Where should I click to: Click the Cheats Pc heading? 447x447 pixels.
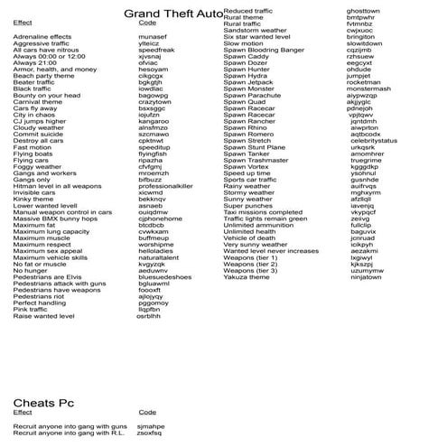click(x=44, y=403)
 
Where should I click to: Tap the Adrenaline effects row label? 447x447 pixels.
click(x=42, y=36)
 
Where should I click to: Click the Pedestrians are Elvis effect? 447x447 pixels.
click(x=48, y=277)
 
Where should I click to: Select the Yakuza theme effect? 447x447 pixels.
click(x=247, y=277)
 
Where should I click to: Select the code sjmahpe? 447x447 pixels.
click(x=151, y=425)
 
